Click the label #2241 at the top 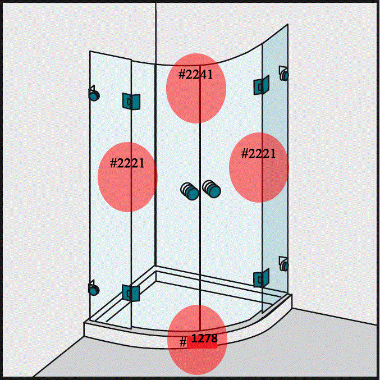(x=196, y=75)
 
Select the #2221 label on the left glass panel (x=127, y=163)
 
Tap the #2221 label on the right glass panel (x=258, y=153)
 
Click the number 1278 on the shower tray (x=204, y=338)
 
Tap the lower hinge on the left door (x=130, y=292)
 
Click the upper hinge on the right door (x=261, y=85)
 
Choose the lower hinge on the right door (x=261, y=277)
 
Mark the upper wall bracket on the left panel (x=93, y=94)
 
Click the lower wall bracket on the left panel (x=93, y=289)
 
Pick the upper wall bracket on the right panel (x=284, y=74)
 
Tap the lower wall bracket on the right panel (x=284, y=264)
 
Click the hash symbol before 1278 (x=183, y=342)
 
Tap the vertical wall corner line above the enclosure (x=155, y=28)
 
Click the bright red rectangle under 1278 (x=202, y=345)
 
